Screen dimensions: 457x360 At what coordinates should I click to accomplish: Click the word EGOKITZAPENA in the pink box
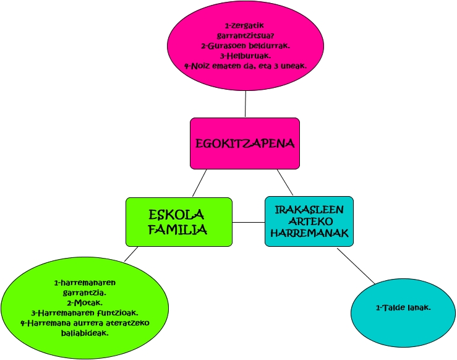click(245, 144)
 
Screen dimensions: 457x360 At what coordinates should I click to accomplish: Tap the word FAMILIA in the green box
click(178, 229)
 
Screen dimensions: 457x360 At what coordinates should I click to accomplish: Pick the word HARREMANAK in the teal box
click(309, 233)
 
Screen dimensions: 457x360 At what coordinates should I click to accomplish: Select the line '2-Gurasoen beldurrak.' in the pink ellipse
click(246, 46)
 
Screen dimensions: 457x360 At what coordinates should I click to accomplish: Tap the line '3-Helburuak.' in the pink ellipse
click(246, 56)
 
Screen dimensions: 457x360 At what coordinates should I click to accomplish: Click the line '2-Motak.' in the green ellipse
click(85, 302)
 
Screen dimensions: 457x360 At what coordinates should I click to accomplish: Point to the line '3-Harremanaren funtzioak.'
click(85, 312)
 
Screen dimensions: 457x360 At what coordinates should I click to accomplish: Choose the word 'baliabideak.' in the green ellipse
click(85, 332)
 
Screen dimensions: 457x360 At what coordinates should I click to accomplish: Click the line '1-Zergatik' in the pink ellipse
click(246, 25)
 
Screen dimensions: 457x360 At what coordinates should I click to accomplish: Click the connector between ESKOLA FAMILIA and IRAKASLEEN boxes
click(249, 221)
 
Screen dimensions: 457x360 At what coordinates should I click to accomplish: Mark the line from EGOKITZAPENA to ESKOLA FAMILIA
click(199, 183)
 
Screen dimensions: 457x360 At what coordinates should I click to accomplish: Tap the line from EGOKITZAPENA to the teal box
click(284, 182)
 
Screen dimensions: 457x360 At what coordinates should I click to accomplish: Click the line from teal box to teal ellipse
click(356, 266)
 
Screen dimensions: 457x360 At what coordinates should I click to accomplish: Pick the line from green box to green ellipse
click(130, 254)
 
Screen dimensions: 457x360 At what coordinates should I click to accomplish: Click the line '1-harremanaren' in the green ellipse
click(85, 283)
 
